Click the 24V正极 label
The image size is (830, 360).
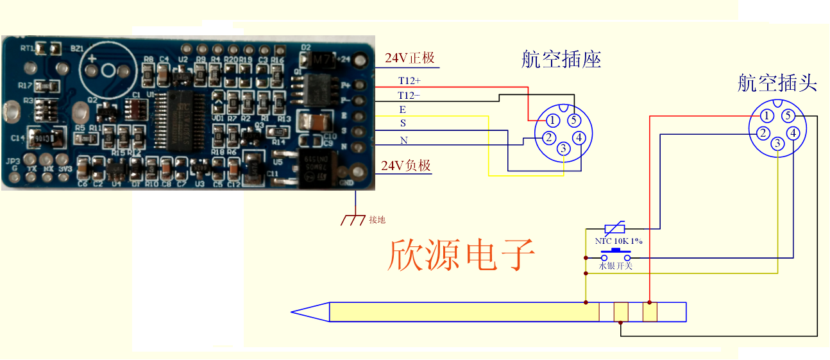coord(409,58)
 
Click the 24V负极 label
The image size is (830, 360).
coord(405,166)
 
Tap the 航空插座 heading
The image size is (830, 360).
coord(561,60)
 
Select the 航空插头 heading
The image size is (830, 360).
coord(777,83)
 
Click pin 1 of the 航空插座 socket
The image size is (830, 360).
coord(552,120)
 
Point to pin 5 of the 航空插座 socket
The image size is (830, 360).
coord(574,120)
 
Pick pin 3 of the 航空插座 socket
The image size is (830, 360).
coord(563,150)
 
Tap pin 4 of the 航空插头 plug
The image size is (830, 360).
coord(793,133)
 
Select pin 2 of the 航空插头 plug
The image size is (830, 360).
coord(762,133)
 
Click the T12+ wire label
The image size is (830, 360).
coord(409,81)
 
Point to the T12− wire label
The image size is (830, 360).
coord(409,96)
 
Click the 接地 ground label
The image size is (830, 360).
coord(377,219)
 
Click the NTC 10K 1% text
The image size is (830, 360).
coord(618,241)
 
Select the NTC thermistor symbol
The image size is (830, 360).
coord(616,228)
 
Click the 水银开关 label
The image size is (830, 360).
coord(616,265)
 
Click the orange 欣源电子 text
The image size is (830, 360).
coord(461,255)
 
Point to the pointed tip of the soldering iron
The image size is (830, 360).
coord(294,313)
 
